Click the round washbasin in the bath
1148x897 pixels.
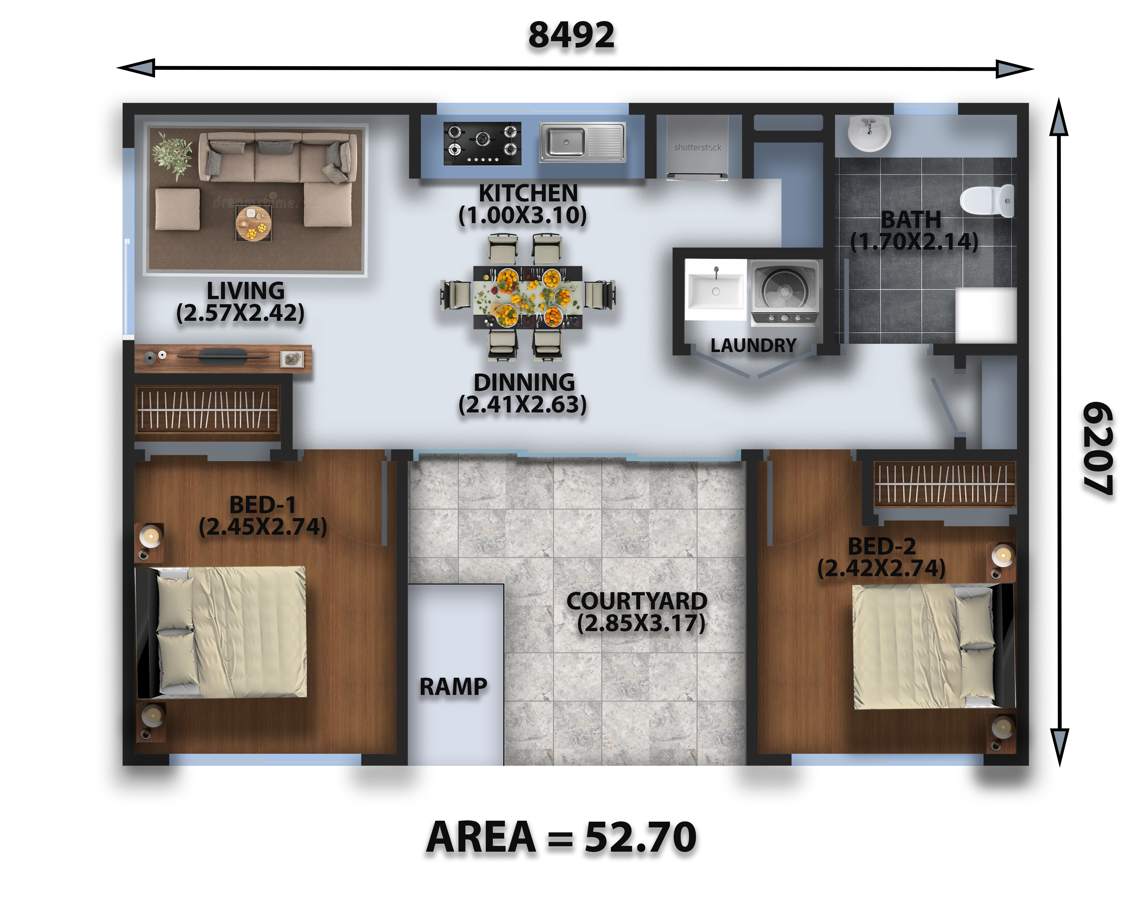pyautogui.click(x=869, y=133)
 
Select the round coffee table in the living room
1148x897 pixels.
pyautogui.click(x=253, y=223)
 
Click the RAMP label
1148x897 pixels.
pyautogui.click(x=453, y=687)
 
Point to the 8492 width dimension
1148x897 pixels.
pyautogui.click(x=571, y=35)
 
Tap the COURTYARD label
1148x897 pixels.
pyautogui.click(x=637, y=601)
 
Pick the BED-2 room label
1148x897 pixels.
pyautogui.click(x=882, y=546)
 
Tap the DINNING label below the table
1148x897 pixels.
pyautogui.click(x=524, y=382)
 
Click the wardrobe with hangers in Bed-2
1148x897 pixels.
pyautogui.click(x=944, y=484)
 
